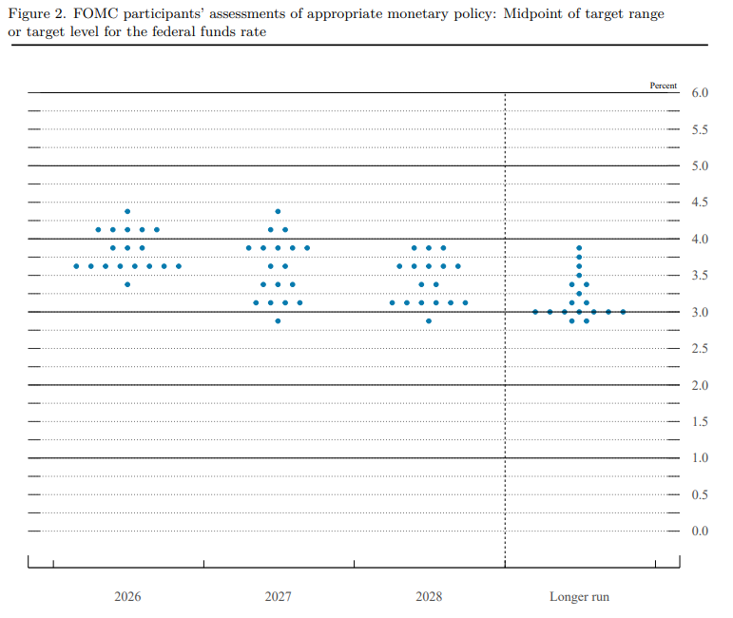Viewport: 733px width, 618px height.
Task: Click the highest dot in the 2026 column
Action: (x=127, y=211)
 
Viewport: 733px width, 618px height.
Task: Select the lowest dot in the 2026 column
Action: (x=127, y=284)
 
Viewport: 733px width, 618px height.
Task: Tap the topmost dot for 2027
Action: (x=278, y=211)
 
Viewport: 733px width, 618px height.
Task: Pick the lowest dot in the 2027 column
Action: (x=278, y=320)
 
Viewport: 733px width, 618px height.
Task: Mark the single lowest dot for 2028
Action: (x=429, y=320)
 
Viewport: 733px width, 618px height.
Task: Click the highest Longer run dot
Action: (x=579, y=248)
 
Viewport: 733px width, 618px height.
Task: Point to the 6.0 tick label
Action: (x=700, y=92)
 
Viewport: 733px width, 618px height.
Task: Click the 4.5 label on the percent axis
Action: (x=700, y=202)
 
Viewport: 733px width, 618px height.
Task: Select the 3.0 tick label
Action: (x=700, y=312)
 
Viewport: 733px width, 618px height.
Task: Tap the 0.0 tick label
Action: (x=700, y=531)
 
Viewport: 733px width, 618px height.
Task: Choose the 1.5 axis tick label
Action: (x=700, y=421)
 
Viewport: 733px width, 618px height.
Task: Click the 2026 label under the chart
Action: (x=127, y=596)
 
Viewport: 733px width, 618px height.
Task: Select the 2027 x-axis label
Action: (x=279, y=596)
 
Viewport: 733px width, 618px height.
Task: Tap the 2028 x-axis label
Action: (x=429, y=596)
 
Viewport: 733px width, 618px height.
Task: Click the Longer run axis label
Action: (x=579, y=597)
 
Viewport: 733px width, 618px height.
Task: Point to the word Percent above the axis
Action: (x=663, y=86)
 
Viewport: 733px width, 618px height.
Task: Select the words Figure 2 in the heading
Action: (x=37, y=14)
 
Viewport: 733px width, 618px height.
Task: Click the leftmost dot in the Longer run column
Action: (x=535, y=312)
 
